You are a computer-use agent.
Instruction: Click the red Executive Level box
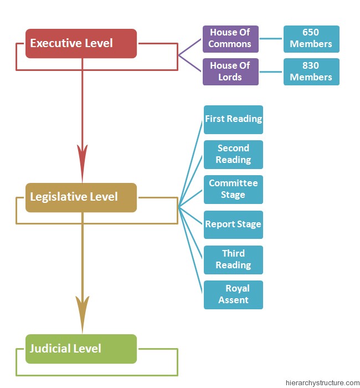(x=81, y=43)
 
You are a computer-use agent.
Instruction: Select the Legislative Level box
(x=81, y=197)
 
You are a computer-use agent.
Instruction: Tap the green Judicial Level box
(x=81, y=349)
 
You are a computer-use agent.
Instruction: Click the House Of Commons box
(x=230, y=39)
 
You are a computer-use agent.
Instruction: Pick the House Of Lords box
(x=230, y=72)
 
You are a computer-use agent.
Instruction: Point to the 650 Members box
(x=311, y=39)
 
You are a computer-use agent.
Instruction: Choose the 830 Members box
(x=311, y=72)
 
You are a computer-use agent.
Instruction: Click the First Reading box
(x=233, y=119)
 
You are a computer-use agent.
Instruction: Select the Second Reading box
(x=233, y=154)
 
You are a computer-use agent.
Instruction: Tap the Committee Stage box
(x=233, y=189)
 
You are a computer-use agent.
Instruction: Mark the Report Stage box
(x=233, y=224)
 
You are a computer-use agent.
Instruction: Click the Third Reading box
(x=233, y=259)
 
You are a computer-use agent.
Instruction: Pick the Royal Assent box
(x=233, y=294)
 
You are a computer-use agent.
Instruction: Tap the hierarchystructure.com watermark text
(x=322, y=382)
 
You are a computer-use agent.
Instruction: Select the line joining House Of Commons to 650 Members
(x=271, y=39)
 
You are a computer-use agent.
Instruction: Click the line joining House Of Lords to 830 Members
(x=271, y=72)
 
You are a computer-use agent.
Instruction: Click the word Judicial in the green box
(x=50, y=349)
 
